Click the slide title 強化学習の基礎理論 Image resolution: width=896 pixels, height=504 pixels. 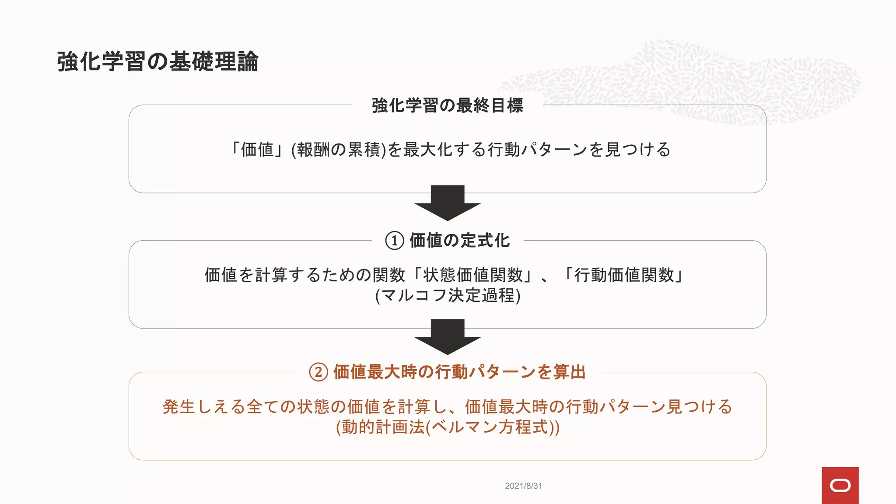[x=157, y=61]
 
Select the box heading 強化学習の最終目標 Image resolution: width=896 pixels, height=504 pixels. [x=447, y=105]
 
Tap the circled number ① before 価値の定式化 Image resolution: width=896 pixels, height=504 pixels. [x=394, y=241]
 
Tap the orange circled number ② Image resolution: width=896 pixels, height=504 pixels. [x=318, y=372]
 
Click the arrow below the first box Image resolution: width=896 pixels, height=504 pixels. [x=447, y=203]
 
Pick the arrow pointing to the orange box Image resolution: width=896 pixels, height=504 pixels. [x=447, y=336]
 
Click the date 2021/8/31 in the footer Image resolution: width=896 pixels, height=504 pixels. [x=523, y=486]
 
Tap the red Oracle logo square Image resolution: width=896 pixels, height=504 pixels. [x=840, y=485]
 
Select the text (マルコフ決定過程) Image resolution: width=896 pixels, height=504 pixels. [x=448, y=296]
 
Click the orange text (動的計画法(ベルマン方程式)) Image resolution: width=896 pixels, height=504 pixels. [x=448, y=427]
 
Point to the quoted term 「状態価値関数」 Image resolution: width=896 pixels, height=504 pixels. [x=472, y=275]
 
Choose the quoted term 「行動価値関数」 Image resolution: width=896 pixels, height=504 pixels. [x=624, y=275]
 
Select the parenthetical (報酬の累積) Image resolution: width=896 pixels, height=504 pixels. [x=339, y=150]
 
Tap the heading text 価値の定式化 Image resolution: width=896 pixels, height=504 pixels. [x=459, y=241]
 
